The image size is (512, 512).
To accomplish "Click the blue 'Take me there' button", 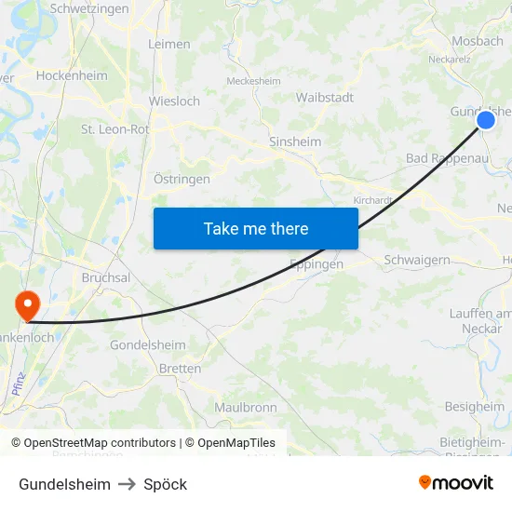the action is point(255,228).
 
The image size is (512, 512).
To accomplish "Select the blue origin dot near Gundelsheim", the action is point(485,120).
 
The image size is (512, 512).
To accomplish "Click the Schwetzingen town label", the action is point(89,8).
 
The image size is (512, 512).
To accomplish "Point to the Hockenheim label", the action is point(72,75).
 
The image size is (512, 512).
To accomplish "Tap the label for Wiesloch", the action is point(174,101).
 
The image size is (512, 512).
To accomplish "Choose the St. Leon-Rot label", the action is point(115,129).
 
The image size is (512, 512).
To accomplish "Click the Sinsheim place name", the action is point(295,142).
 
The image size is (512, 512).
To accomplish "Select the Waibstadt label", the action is point(324,98).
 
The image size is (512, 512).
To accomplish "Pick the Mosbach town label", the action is point(477,41).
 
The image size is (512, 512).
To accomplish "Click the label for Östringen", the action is point(182,179).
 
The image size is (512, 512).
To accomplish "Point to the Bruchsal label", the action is point(106,277).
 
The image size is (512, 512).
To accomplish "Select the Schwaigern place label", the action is point(417,260).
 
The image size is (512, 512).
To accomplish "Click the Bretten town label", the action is point(181,369).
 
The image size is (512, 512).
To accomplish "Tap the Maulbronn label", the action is point(246,407).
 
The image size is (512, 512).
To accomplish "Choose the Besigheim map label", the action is point(474,407).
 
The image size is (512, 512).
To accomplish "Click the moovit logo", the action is point(456,482).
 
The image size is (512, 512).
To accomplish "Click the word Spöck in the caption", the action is point(166,484).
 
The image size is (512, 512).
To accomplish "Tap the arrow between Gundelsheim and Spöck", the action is point(127,484).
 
